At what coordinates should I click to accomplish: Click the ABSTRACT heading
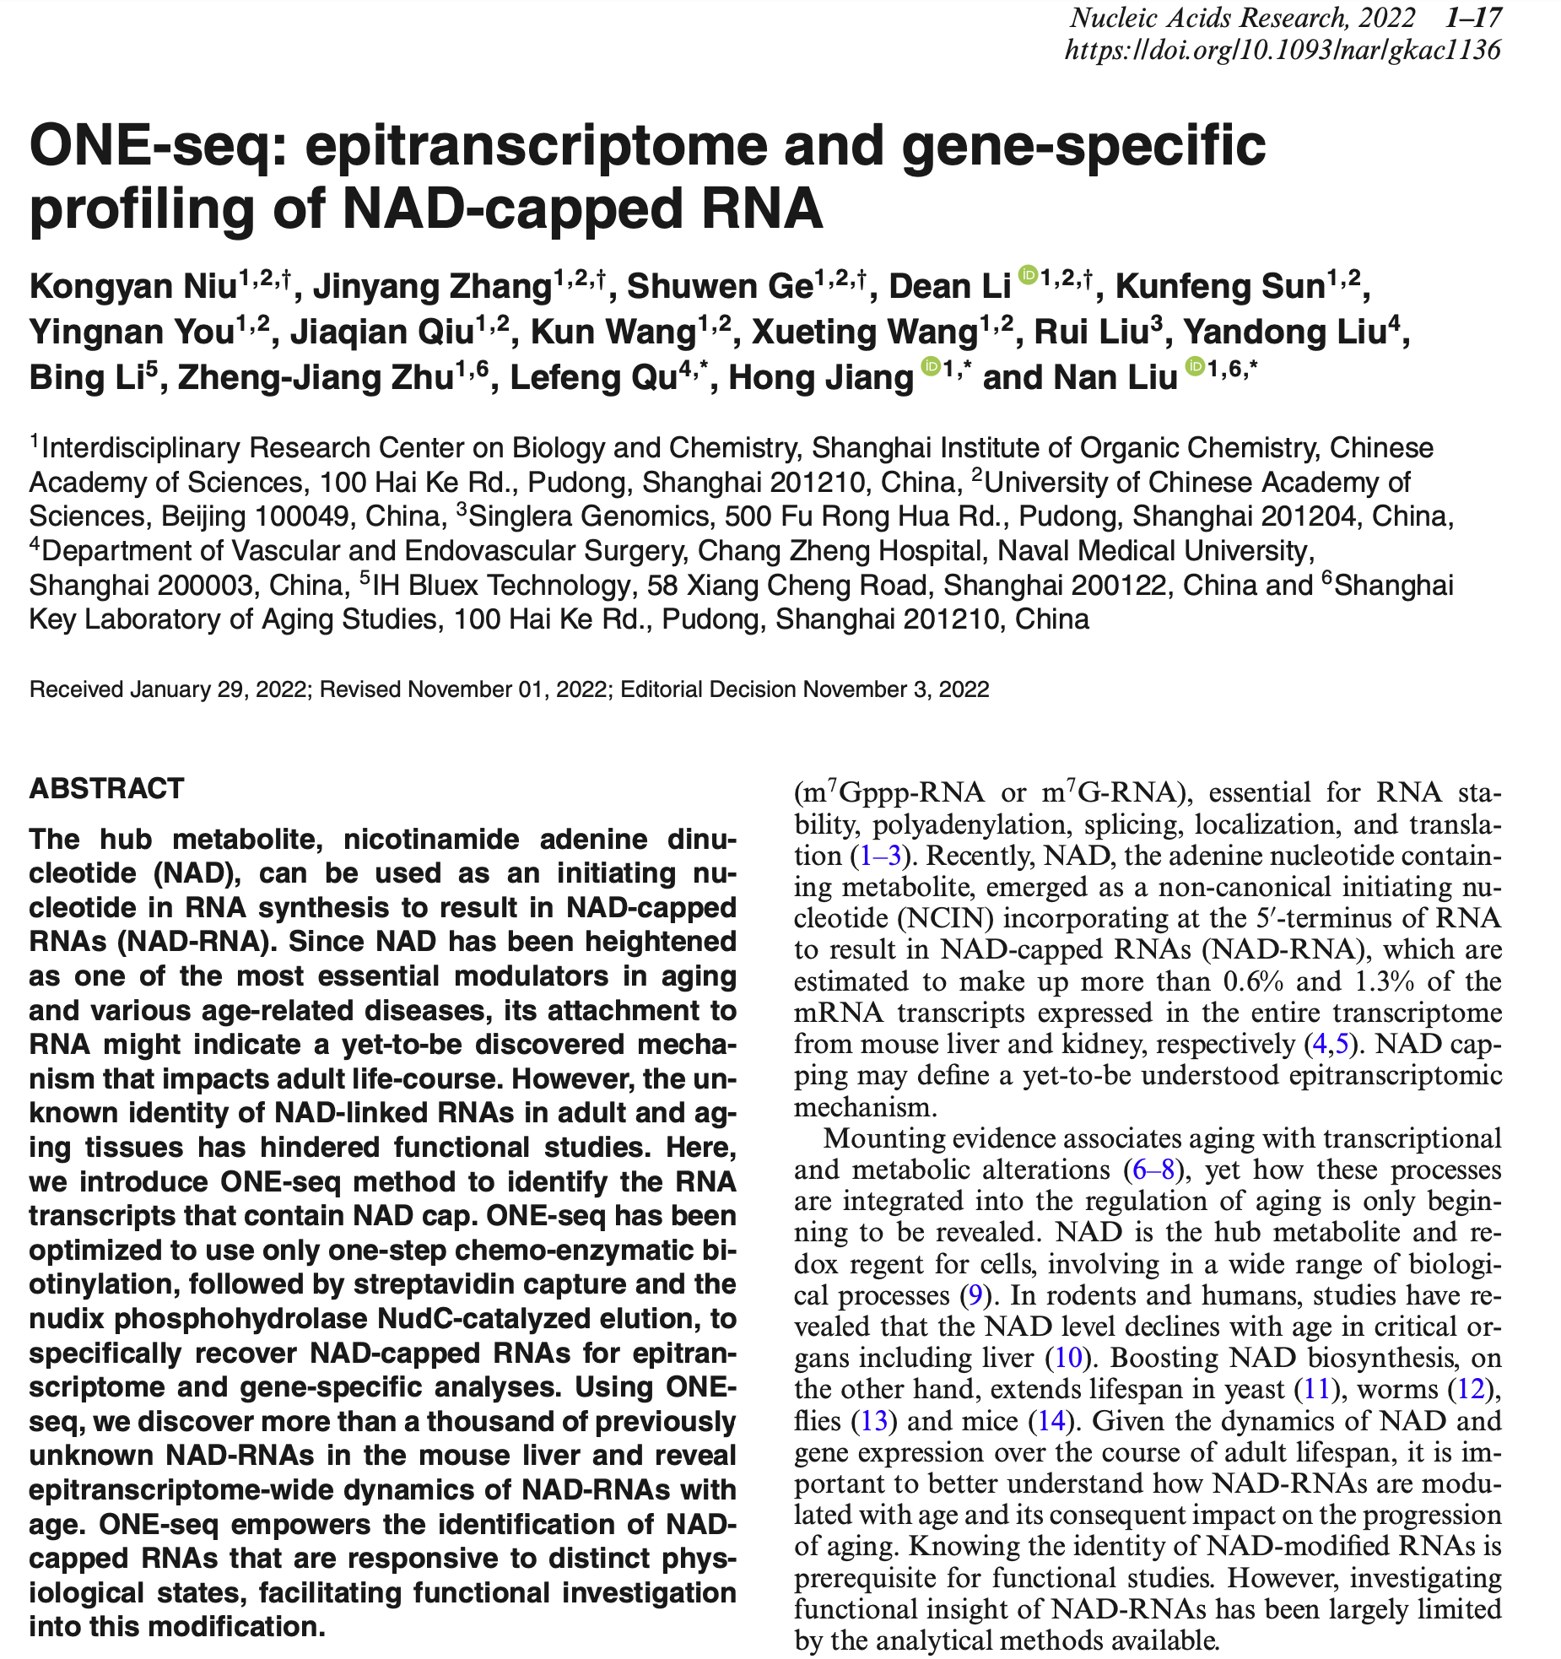(x=106, y=788)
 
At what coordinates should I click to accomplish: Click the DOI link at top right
(x=1283, y=50)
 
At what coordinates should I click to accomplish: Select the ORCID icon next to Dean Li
(x=1028, y=275)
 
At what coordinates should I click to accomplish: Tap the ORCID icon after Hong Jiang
(x=931, y=366)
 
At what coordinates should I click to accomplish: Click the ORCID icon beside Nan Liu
(x=1195, y=366)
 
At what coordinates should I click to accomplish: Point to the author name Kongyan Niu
(x=132, y=287)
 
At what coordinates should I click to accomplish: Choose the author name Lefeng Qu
(x=594, y=378)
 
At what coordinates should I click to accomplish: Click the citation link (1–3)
(x=880, y=856)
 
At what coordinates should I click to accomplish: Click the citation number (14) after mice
(x=1051, y=1421)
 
